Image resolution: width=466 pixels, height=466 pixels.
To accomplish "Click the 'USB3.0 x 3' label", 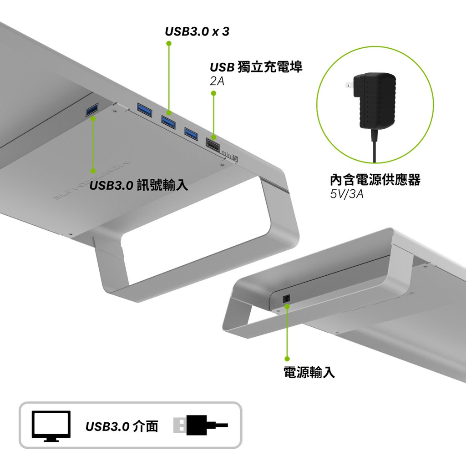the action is point(197,31).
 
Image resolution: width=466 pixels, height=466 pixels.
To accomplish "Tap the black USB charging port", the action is point(213,144).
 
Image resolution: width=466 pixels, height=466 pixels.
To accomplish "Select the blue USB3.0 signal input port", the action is point(92,110).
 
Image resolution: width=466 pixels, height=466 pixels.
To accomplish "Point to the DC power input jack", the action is point(287,299).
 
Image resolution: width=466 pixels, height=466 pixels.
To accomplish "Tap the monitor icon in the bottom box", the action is point(51,426).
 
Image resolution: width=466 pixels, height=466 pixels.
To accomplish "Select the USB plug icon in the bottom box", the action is point(200,425).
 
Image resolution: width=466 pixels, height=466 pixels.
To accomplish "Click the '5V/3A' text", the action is point(346,194).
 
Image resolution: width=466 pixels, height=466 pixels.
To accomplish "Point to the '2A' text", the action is point(217,81).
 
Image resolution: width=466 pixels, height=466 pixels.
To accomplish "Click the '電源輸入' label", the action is point(309,372).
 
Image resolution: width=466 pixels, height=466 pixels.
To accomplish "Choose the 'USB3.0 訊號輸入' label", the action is point(138,185).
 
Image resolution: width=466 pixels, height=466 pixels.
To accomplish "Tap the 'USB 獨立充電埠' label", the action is point(256,67).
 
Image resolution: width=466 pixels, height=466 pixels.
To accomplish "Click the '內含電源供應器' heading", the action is point(375,180).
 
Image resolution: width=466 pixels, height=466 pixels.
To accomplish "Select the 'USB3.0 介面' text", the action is point(122,426).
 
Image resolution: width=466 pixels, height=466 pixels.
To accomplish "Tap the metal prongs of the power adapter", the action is point(349,85).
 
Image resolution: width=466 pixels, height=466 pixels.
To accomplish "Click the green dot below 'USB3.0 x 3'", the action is point(169,43).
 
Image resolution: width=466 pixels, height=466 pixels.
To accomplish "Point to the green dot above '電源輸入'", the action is point(287,359).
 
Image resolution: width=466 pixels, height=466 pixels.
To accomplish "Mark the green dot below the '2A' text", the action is point(213,93).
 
